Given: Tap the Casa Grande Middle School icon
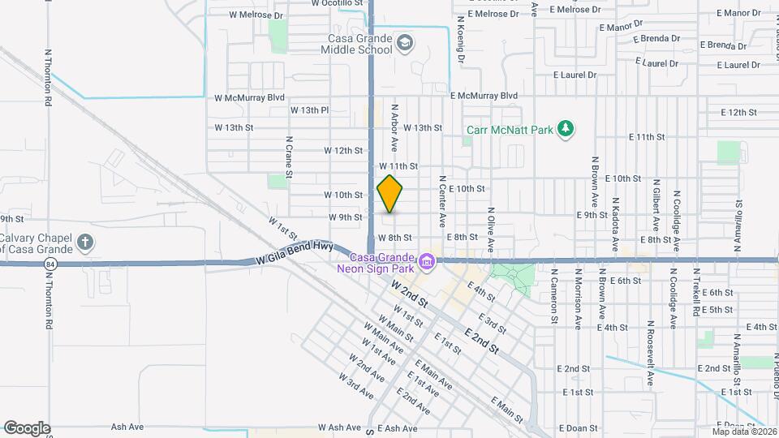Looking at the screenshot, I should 404,41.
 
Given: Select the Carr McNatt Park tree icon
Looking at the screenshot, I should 566,129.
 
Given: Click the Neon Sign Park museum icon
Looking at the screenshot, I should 427,262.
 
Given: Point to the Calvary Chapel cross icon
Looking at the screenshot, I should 85,243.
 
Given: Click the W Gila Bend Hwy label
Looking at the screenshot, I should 295,253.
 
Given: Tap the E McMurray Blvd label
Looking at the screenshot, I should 484,96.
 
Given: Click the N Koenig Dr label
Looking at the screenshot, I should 460,39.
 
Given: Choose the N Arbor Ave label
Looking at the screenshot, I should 394,127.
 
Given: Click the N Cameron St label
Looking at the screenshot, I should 554,297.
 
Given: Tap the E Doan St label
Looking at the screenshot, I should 578,428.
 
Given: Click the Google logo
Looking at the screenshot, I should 27,427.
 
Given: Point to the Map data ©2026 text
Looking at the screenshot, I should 743,432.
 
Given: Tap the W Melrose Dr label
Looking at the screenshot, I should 256,15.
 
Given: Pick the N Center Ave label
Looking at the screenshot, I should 443,201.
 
